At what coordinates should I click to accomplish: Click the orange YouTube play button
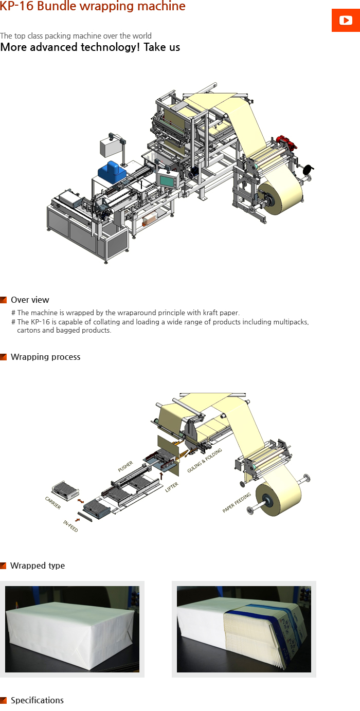[346, 21]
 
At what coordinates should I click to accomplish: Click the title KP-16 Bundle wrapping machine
[93, 7]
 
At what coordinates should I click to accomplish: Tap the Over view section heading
[30, 300]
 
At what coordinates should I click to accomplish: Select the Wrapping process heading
[45, 357]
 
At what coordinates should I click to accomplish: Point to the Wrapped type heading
[38, 566]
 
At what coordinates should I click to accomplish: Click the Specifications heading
[37, 700]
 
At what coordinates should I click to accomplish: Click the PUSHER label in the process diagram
[125, 466]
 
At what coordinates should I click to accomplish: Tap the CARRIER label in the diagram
[53, 503]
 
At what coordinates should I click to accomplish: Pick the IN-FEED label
[70, 526]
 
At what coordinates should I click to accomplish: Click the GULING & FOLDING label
[205, 460]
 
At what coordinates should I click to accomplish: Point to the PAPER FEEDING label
[237, 503]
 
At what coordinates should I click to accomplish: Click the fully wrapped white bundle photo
[72, 629]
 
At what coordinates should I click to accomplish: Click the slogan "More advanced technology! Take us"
[90, 47]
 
